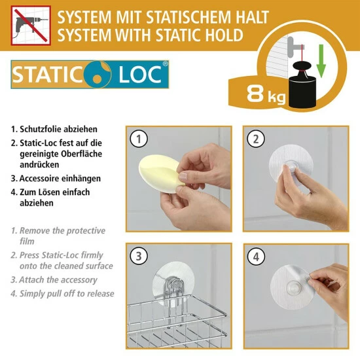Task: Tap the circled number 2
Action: point(255,138)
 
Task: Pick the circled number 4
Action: point(255,256)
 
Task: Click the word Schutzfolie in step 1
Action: point(43,130)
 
